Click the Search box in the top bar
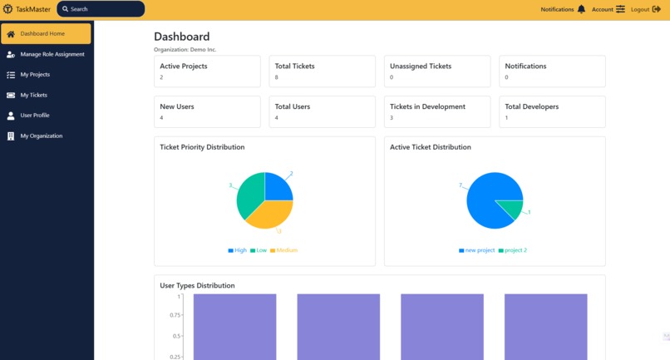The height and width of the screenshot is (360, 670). point(101,9)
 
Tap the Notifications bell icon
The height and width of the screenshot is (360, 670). point(581,9)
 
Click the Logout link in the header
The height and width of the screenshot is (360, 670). point(646,9)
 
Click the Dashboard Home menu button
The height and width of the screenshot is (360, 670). point(46,34)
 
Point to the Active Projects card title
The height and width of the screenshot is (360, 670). point(184,67)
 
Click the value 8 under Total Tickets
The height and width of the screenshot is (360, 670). point(277,77)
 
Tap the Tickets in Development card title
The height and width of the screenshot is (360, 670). point(427,106)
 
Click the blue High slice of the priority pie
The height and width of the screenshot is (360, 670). point(277,188)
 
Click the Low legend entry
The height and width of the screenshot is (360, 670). point(259,250)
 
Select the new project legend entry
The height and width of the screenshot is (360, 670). point(476,250)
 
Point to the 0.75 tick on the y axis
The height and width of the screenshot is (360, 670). point(175,315)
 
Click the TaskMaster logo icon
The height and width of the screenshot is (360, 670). point(7,9)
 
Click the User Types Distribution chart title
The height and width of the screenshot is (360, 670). point(197,286)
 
